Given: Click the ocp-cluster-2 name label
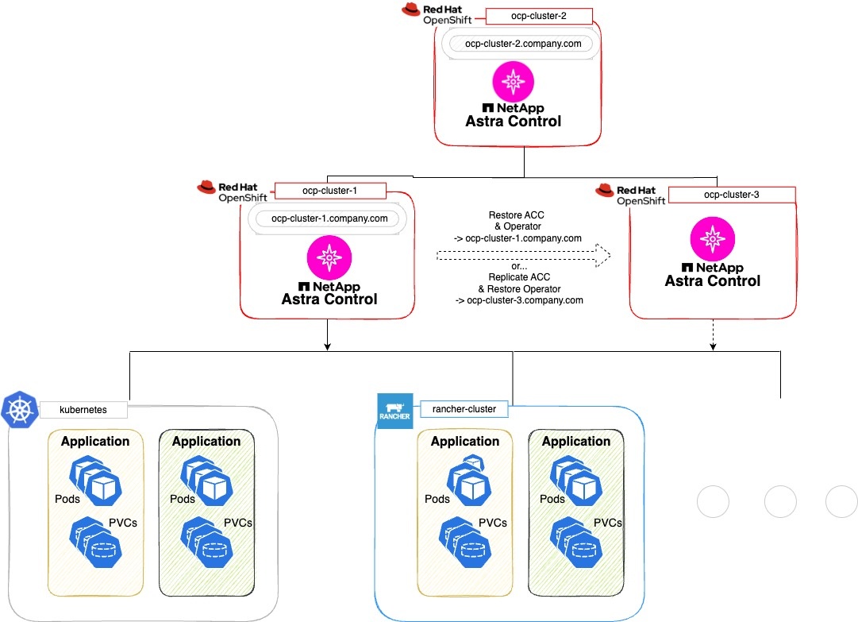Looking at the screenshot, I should tap(528, 15).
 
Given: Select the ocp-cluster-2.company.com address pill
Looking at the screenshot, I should tap(521, 44).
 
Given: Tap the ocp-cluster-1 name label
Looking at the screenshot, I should tap(329, 191).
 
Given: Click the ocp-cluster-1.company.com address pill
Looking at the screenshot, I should tap(329, 218).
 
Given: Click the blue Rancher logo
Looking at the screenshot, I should tap(394, 410).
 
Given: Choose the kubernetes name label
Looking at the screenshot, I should tap(83, 410).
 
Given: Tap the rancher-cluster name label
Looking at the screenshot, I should tap(464, 409).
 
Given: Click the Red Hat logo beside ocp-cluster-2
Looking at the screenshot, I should tap(411, 10).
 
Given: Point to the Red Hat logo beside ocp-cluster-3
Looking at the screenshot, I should tap(605, 190).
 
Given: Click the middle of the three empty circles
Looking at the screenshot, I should tap(779, 503).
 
